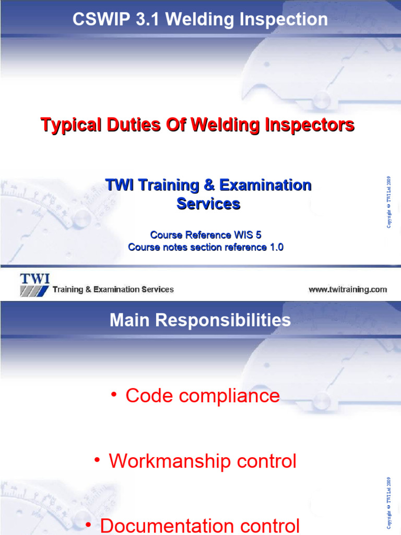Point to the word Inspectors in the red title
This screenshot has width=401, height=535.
click(x=309, y=125)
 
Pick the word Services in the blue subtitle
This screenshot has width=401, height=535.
click(x=208, y=203)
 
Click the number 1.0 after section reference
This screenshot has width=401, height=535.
click(x=276, y=247)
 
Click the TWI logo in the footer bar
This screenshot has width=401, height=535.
click(x=34, y=284)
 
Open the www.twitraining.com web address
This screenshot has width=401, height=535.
click(x=347, y=289)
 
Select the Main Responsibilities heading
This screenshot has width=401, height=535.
click(x=200, y=320)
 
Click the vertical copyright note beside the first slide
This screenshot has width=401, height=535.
click(x=389, y=202)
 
